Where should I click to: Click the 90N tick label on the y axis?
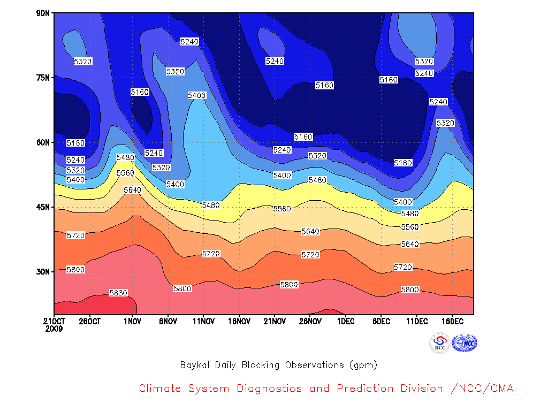pos(43,13)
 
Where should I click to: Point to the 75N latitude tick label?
pos(43,78)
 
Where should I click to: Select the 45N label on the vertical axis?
pos(43,207)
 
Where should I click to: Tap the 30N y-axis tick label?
pos(43,271)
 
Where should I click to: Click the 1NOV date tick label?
pos(133,321)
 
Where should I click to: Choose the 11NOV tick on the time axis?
pos(204,321)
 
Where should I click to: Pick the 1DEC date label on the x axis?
pos(346,321)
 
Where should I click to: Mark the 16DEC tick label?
pos(453,321)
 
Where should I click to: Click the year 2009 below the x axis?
pos(54,329)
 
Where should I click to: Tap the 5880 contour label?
pos(118,293)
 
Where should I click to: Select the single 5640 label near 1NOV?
pos(133,190)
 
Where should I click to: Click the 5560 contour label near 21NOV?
pos(282,209)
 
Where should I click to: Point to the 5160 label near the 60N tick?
pos(75,143)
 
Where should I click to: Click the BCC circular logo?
pos(440,343)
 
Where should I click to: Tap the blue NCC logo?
pos(465,343)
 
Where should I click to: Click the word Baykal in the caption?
pos(195,365)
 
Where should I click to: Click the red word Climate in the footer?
pos(160,389)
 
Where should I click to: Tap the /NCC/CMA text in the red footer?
pos(482,389)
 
